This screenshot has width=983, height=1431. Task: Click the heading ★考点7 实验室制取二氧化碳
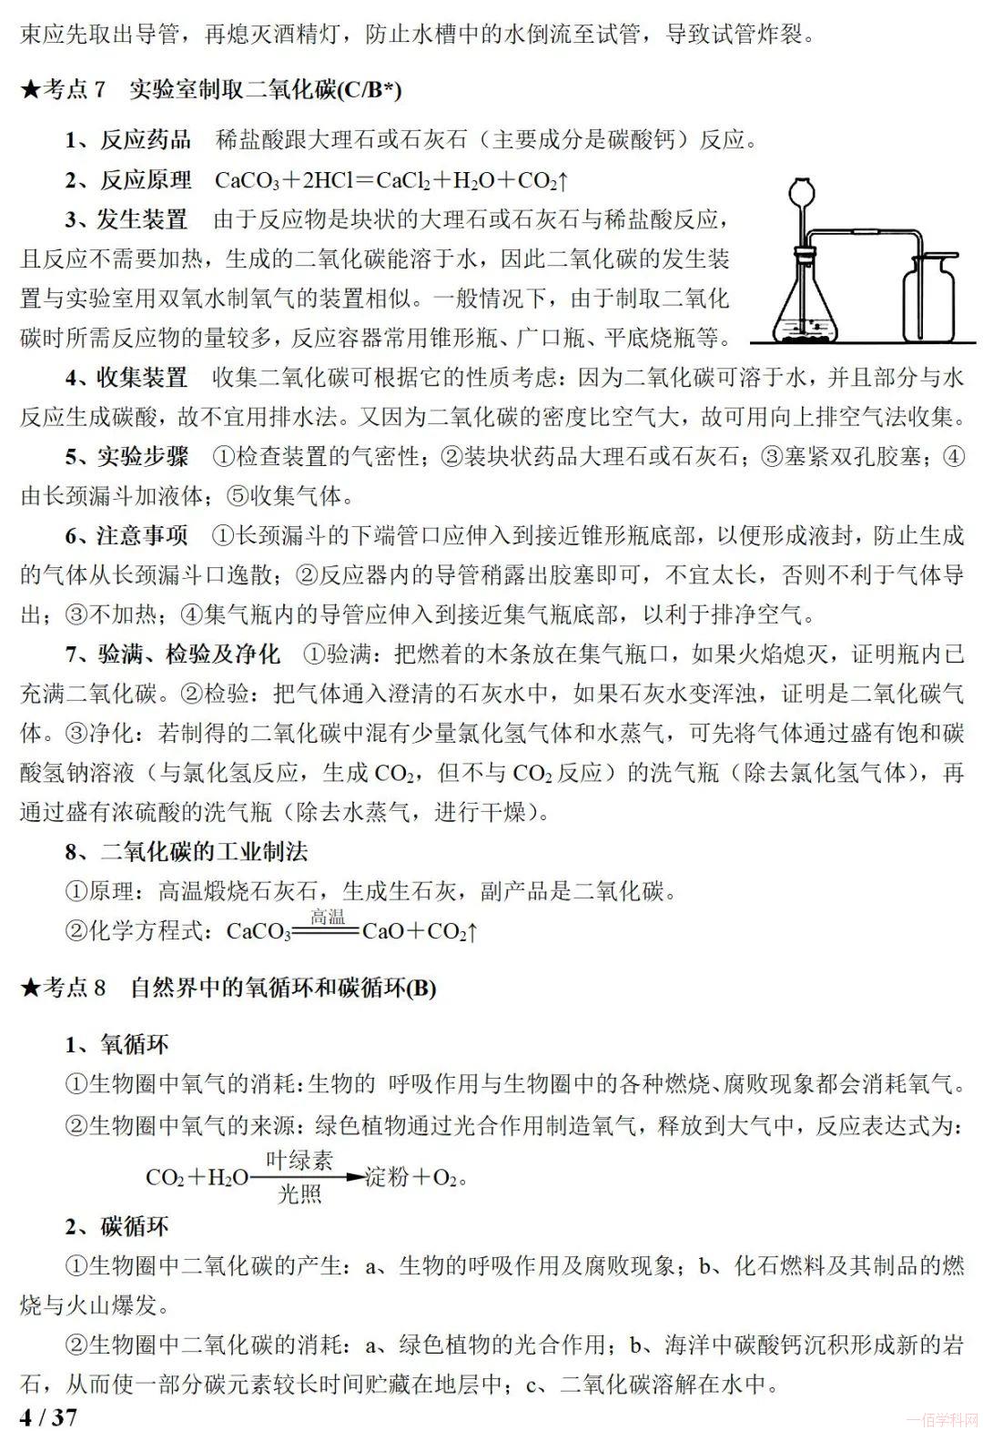pos(211,89)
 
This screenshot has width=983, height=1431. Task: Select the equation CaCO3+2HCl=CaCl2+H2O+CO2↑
pos(391,180)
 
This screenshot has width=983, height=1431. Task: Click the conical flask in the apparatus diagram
pos(806,305)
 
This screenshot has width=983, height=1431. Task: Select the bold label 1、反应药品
pos(127,140)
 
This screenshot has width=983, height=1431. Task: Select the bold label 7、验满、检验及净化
pos(173,654)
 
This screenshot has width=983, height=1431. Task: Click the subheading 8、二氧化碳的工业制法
pos(187,851)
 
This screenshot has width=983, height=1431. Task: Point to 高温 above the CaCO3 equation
pos(328,918)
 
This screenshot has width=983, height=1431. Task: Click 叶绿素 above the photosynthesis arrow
pos(299,1160)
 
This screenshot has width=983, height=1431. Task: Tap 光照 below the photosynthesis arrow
pos(299,1192)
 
